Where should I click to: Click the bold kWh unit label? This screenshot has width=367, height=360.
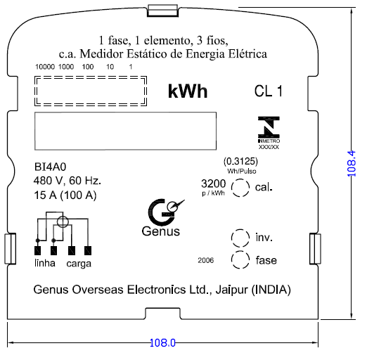[188, 91]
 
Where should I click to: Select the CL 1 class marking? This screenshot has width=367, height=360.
[269, 91]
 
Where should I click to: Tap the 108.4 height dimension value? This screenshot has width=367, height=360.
[352, 164]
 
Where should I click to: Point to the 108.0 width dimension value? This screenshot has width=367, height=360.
[162, 343]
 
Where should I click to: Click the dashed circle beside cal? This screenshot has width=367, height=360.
[240, 179]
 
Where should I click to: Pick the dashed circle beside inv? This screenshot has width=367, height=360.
[240, 230]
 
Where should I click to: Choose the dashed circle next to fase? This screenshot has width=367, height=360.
[240, 252]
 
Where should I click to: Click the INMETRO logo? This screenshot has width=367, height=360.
[269, 133]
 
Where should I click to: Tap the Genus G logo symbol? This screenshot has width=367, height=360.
[164, 212]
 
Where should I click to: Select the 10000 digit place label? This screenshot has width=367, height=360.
[45, 67]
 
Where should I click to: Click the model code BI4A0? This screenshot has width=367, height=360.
[50, 167]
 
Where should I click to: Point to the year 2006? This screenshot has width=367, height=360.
[206, 260]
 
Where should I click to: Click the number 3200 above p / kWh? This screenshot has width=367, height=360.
[214, 184]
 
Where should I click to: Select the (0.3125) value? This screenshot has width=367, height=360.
[240, 161]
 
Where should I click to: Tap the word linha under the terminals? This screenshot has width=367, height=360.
[45, 263]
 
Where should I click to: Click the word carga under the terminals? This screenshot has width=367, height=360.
[79, 264]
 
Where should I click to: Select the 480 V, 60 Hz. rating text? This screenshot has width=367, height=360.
[67, 181]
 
